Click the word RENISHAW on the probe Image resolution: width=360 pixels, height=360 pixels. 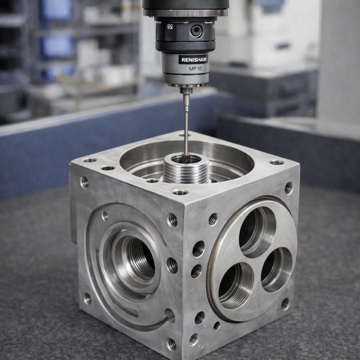(193, 59)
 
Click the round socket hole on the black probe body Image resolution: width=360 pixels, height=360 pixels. (196, 31)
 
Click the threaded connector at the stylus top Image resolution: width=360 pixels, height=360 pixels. (186, 103)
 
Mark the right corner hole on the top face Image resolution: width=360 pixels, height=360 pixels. (276, 162)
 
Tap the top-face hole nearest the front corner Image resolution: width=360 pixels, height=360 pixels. (180, 192)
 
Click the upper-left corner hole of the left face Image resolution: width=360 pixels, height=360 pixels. (85, 182)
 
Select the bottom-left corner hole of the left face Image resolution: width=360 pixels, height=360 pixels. (87, 298)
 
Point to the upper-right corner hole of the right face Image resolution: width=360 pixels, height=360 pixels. (288, 188)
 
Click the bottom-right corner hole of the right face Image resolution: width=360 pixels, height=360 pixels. (285, 303)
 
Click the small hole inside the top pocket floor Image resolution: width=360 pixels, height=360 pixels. (152, 181)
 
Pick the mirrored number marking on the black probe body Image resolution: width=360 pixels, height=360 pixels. (170, 27)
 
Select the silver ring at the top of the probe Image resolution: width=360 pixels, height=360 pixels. (186, 12)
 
